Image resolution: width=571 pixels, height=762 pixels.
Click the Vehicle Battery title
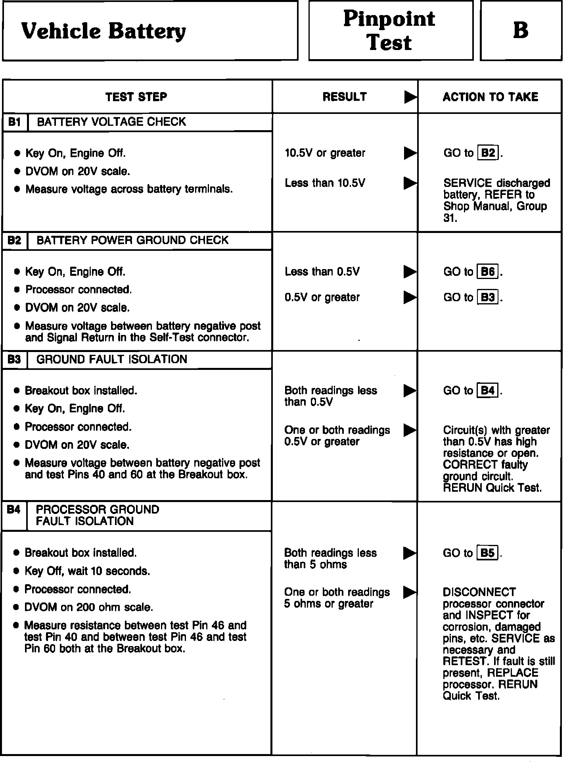[103, 31]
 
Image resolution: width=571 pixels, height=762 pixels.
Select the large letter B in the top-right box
[521, 30]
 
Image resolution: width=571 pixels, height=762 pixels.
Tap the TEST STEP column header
[136, 97]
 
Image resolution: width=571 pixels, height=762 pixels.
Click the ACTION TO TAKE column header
[490, 97]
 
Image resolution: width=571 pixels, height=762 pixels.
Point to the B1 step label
[15, 122]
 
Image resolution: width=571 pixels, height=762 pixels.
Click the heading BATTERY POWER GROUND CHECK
[132, 241]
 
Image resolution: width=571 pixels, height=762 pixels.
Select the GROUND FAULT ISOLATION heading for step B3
[111, 360]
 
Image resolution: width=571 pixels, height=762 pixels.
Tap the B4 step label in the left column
[14, 510]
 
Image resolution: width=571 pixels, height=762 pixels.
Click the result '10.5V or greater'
[325, 153]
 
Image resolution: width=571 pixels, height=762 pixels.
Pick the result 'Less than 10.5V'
[325, 183]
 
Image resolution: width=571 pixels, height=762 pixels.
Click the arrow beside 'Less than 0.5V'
[410, 272]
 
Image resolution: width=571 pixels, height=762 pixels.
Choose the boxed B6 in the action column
[488, 272]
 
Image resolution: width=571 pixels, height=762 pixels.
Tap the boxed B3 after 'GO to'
[488, 298]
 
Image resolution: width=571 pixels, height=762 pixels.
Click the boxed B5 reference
[488, 553]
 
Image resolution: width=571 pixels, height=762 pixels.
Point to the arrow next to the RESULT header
[410, 97]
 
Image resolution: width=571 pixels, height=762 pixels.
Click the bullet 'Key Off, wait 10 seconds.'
[87, 571]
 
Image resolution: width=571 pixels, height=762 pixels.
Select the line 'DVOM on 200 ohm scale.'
[88, 608]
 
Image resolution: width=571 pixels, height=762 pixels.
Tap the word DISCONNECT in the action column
[479, 593]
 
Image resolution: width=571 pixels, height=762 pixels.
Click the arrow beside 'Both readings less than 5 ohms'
[410, 553]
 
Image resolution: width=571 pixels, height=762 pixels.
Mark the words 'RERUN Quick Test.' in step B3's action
[492, 488]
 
